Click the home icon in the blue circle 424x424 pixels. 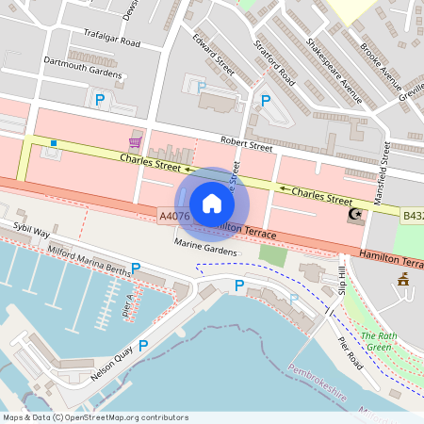point(212,204)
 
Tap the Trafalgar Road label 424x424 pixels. point(111,42)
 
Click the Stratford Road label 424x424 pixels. point(275,62)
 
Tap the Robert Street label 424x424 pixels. point(246,146)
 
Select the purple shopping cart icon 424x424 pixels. point(136,142)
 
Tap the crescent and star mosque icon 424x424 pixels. point(356,215)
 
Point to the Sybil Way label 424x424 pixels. point(31,229)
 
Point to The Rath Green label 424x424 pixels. point(380,341)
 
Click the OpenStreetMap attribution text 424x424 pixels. point(94,417)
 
